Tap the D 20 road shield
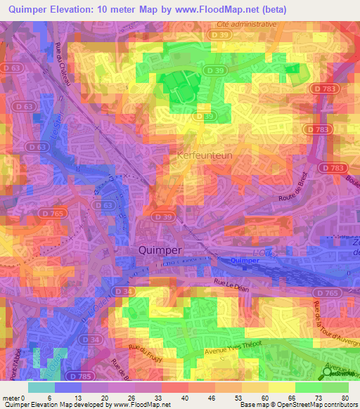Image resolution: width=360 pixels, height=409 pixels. click(107, 204)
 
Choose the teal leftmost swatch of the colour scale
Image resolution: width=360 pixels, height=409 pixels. click(41, 387)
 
